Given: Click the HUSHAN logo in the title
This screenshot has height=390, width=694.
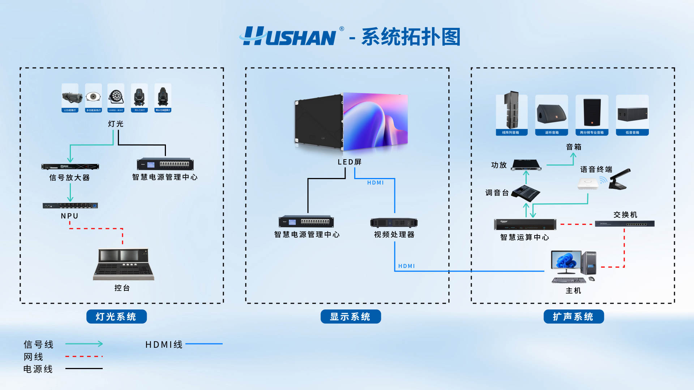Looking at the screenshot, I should [289, 36].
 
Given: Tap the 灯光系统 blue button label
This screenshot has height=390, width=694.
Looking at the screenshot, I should [116, 317].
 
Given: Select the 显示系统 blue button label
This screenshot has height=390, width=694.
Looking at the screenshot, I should [350, 317].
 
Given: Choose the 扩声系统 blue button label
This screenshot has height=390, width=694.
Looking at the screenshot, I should [573, 317].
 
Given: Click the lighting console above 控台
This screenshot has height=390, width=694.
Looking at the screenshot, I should [124, 264].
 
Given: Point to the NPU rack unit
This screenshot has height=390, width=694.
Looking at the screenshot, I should [70, 205].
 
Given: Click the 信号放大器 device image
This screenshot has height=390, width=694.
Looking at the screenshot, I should [70, 166].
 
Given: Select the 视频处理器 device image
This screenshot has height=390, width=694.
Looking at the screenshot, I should [394, 222].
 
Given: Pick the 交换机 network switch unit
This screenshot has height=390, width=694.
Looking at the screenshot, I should [625, 224].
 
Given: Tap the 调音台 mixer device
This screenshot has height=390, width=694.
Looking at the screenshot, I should [527, 193].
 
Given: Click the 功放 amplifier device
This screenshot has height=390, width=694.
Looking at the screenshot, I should [526, 165].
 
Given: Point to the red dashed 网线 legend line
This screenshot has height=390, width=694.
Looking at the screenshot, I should [84, 356].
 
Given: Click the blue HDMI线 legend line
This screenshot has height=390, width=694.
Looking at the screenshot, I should [204, 344].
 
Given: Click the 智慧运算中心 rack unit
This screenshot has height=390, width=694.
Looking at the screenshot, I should [525, 225].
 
